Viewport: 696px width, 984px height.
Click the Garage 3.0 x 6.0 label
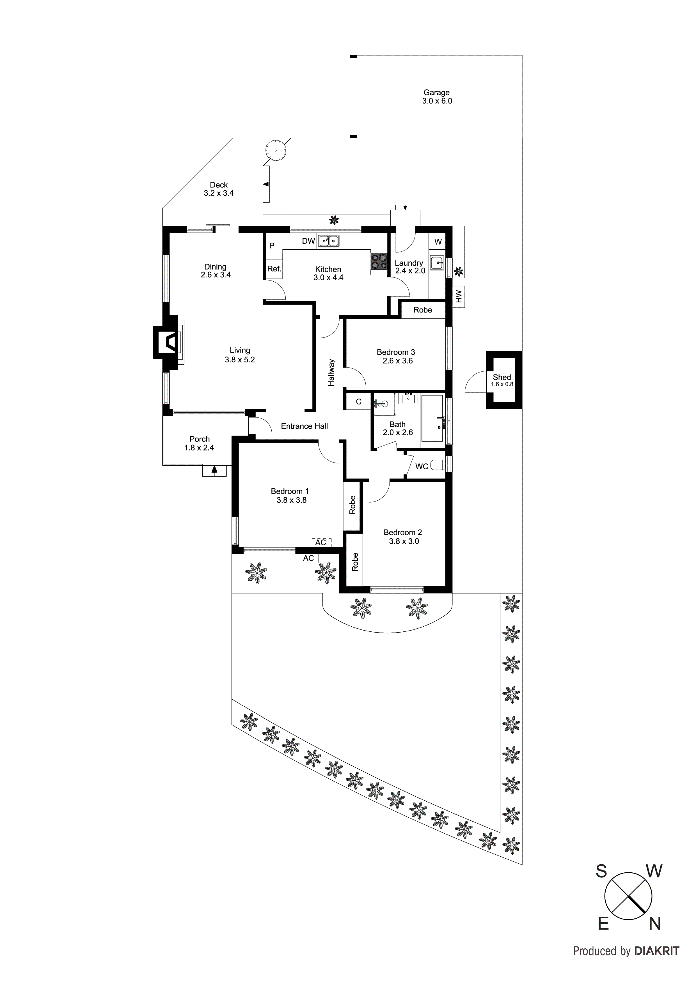click(437, 97)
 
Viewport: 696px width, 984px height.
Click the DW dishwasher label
click(308, 241)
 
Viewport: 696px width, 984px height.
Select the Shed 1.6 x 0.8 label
click(502, 380)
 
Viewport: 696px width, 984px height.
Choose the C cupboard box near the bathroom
click(358, 402)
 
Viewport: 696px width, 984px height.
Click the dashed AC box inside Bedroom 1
click(321, 542)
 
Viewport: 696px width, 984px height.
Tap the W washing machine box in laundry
click(438, 242)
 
